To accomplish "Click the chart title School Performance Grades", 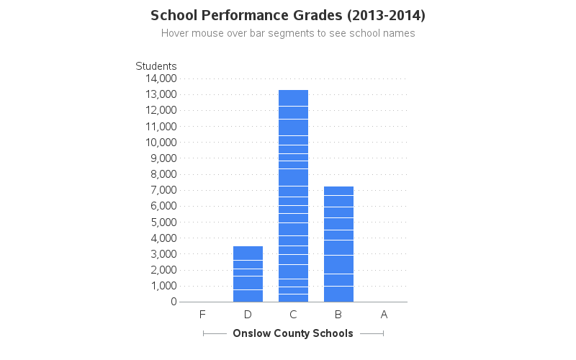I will click(287, 15).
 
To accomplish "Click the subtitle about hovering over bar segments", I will click(288, 33).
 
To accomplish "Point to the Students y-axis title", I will click(156, 66).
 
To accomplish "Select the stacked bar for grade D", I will click(248, 274).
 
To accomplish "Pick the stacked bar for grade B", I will click(338, 244).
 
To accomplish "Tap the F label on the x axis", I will click(202, 315).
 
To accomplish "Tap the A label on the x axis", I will click(384, 315).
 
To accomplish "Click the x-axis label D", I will click(248, 315).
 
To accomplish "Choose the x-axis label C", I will click(293, 315).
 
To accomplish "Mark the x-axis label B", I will click(338, 315).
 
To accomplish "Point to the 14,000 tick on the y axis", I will click(161, 78).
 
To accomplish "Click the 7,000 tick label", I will click(163, 190).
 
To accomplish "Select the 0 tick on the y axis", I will click(174, 302).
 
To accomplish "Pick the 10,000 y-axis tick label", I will click(161, 143).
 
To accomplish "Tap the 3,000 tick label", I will click(163, 254).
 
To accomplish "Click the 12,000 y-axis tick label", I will click(161, 110).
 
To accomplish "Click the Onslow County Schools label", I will click(293, 333).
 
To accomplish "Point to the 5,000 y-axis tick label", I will click(163, 222).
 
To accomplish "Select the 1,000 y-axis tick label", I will click(163, 286).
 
